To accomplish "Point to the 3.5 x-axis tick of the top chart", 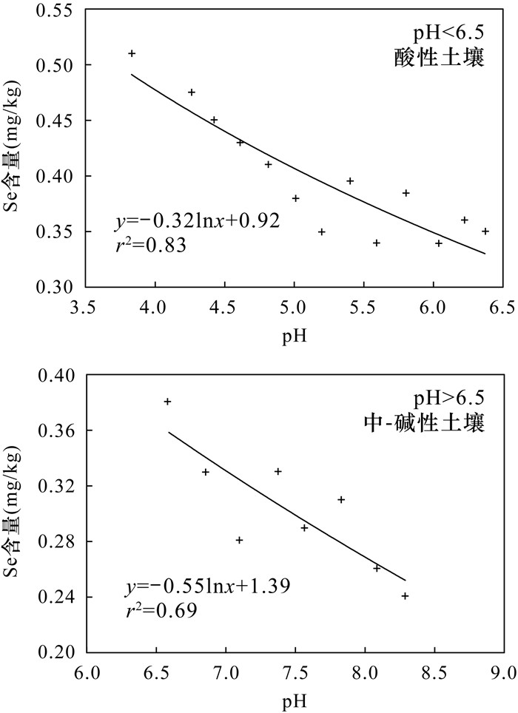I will [x=86, y=305].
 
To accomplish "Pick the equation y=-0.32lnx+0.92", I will [x=197, y=220].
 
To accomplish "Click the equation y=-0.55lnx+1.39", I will [x=207, y=587].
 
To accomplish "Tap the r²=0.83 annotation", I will [x=152, y=245].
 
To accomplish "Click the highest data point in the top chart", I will [x=132, y=53].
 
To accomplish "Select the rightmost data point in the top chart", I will [x=485, y=232].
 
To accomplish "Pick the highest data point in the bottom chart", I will [x=167, y=402].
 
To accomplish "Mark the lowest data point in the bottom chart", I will [x=405, y=596].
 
